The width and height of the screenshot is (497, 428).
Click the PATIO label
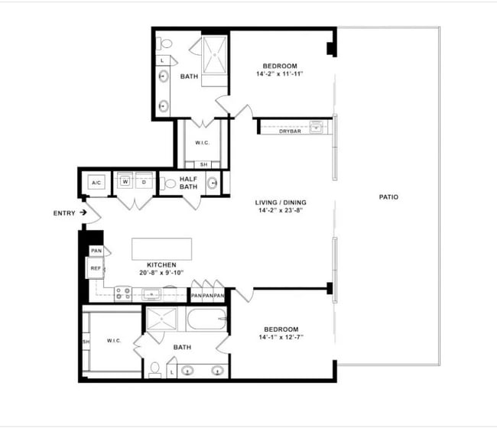388,197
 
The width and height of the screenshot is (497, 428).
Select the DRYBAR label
290,131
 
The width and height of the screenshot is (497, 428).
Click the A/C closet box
97,183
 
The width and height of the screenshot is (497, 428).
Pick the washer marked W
125,183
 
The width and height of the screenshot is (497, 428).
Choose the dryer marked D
143,183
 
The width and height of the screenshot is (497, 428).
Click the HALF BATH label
189,183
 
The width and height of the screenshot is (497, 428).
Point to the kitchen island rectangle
163,249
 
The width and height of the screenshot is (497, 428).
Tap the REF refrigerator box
96,268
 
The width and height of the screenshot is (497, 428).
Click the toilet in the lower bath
155,369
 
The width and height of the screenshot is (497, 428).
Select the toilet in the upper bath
166,44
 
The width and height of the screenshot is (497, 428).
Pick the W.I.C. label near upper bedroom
203,143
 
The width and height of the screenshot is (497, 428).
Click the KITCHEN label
162,265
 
